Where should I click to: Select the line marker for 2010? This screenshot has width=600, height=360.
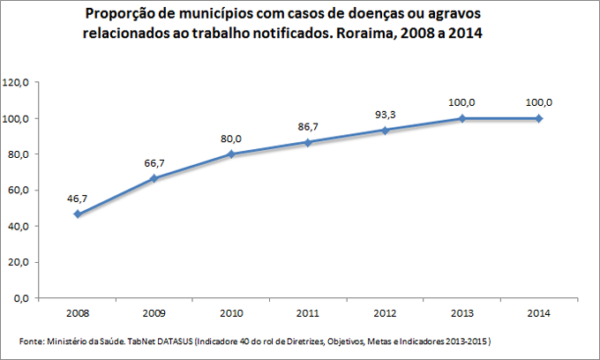(x=230, y=154)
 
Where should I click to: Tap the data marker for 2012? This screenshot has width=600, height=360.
(x=384, y=130)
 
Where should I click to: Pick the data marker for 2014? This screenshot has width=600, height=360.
(x=538, y=118)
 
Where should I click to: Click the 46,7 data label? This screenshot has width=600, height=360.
(x=79, y=199)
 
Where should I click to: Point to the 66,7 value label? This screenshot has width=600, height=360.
(x=154, y=162)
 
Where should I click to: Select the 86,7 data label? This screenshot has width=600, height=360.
(x=307, y=127)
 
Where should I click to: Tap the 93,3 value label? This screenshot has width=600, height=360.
(x=385, y=115)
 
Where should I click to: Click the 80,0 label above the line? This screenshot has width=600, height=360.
(x=231, y=139)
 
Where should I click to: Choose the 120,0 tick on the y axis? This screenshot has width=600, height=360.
(x=18, y=82)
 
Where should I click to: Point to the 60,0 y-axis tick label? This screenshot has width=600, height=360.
(x=19, y=190)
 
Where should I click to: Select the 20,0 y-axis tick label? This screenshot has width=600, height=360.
(x=19, y=262)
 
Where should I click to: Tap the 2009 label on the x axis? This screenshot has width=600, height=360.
(x=154, y=313)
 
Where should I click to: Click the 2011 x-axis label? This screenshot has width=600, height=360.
(x=307, y=313)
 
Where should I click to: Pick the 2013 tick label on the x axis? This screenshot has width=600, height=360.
(x=461, y=313)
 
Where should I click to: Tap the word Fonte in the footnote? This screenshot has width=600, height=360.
(x=29, y=341)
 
